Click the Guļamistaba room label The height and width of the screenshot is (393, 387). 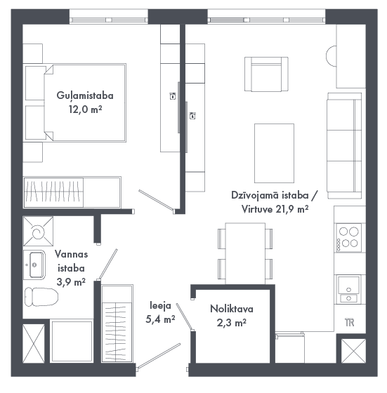point(85,95)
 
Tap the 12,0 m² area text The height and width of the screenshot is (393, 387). point(85,109)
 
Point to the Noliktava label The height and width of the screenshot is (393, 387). point(232,309)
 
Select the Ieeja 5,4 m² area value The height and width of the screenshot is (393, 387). point(160,319)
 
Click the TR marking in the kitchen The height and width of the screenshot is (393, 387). point(349,322)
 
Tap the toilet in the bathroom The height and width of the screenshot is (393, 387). point(41,297)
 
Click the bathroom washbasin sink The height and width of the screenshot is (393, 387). point(34,265)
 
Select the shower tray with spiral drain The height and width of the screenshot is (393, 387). point(38,232)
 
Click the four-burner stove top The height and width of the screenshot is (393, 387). point(348,238)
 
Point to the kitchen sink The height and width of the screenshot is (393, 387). point(348,289)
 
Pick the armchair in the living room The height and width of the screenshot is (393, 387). point(266,74)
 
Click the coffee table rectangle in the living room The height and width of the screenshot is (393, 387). point(274,153)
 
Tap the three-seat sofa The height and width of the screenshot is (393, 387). point(344,146)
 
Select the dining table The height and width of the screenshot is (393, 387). point(245,253)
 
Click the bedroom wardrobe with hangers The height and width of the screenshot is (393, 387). point(72,192)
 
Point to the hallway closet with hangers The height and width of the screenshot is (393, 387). point(117,324)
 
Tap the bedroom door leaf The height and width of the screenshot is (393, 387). point(155,200)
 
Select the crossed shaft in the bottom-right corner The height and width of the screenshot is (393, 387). point(353,351)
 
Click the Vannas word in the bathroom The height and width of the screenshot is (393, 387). point(71,254)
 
